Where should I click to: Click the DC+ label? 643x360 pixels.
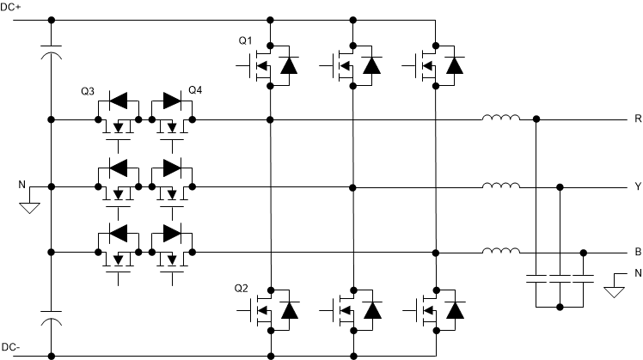[x=12, y=7]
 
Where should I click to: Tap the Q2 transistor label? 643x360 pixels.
[x=244, y=288]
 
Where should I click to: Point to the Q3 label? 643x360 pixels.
[x=86, y=91]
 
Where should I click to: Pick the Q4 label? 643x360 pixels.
[x=197, y=91]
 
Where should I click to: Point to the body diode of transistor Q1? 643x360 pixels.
[x=288, y=64]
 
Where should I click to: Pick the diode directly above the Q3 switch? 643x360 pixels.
[x=111, y=101]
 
